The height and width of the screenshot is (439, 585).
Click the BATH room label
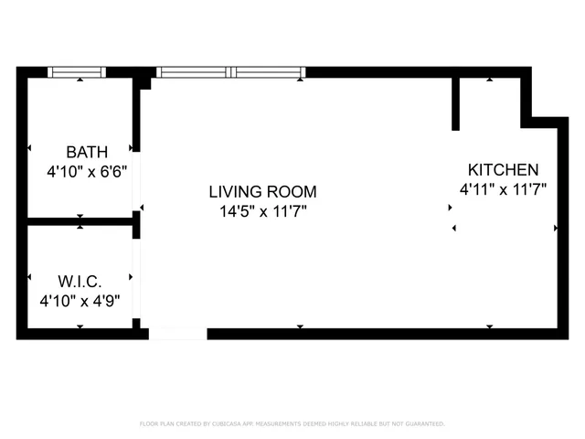(x=87, y=152)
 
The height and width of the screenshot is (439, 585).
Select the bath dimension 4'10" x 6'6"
(x=87, y=171)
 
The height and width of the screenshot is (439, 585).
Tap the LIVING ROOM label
(x=262, y=192)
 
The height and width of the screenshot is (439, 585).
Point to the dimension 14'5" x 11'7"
(x=262, y=211)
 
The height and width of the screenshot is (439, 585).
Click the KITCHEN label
(x=503, y=170)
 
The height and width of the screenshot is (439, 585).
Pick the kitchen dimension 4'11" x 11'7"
(x=503, y=189)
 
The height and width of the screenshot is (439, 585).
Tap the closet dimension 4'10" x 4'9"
(x=80, y=300)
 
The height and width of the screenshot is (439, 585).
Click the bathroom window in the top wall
(x=77, y=72)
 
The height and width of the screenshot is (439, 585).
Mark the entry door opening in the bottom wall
(x=177, y=334)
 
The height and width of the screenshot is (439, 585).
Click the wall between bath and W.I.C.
(x=80, y=221)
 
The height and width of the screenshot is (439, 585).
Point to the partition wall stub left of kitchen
(x=455, y=103)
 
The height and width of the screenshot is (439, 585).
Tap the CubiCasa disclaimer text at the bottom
(x=292, y=423)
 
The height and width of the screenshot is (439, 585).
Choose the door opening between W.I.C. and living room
(x=136, y=278)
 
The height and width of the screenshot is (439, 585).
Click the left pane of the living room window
(x=193, y=72)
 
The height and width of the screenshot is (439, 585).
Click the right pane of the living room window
(x=269, y=72)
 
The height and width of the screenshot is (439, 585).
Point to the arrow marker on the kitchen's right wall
(x=556, y=228)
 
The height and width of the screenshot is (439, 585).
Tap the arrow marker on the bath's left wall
(x=29, y=147)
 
